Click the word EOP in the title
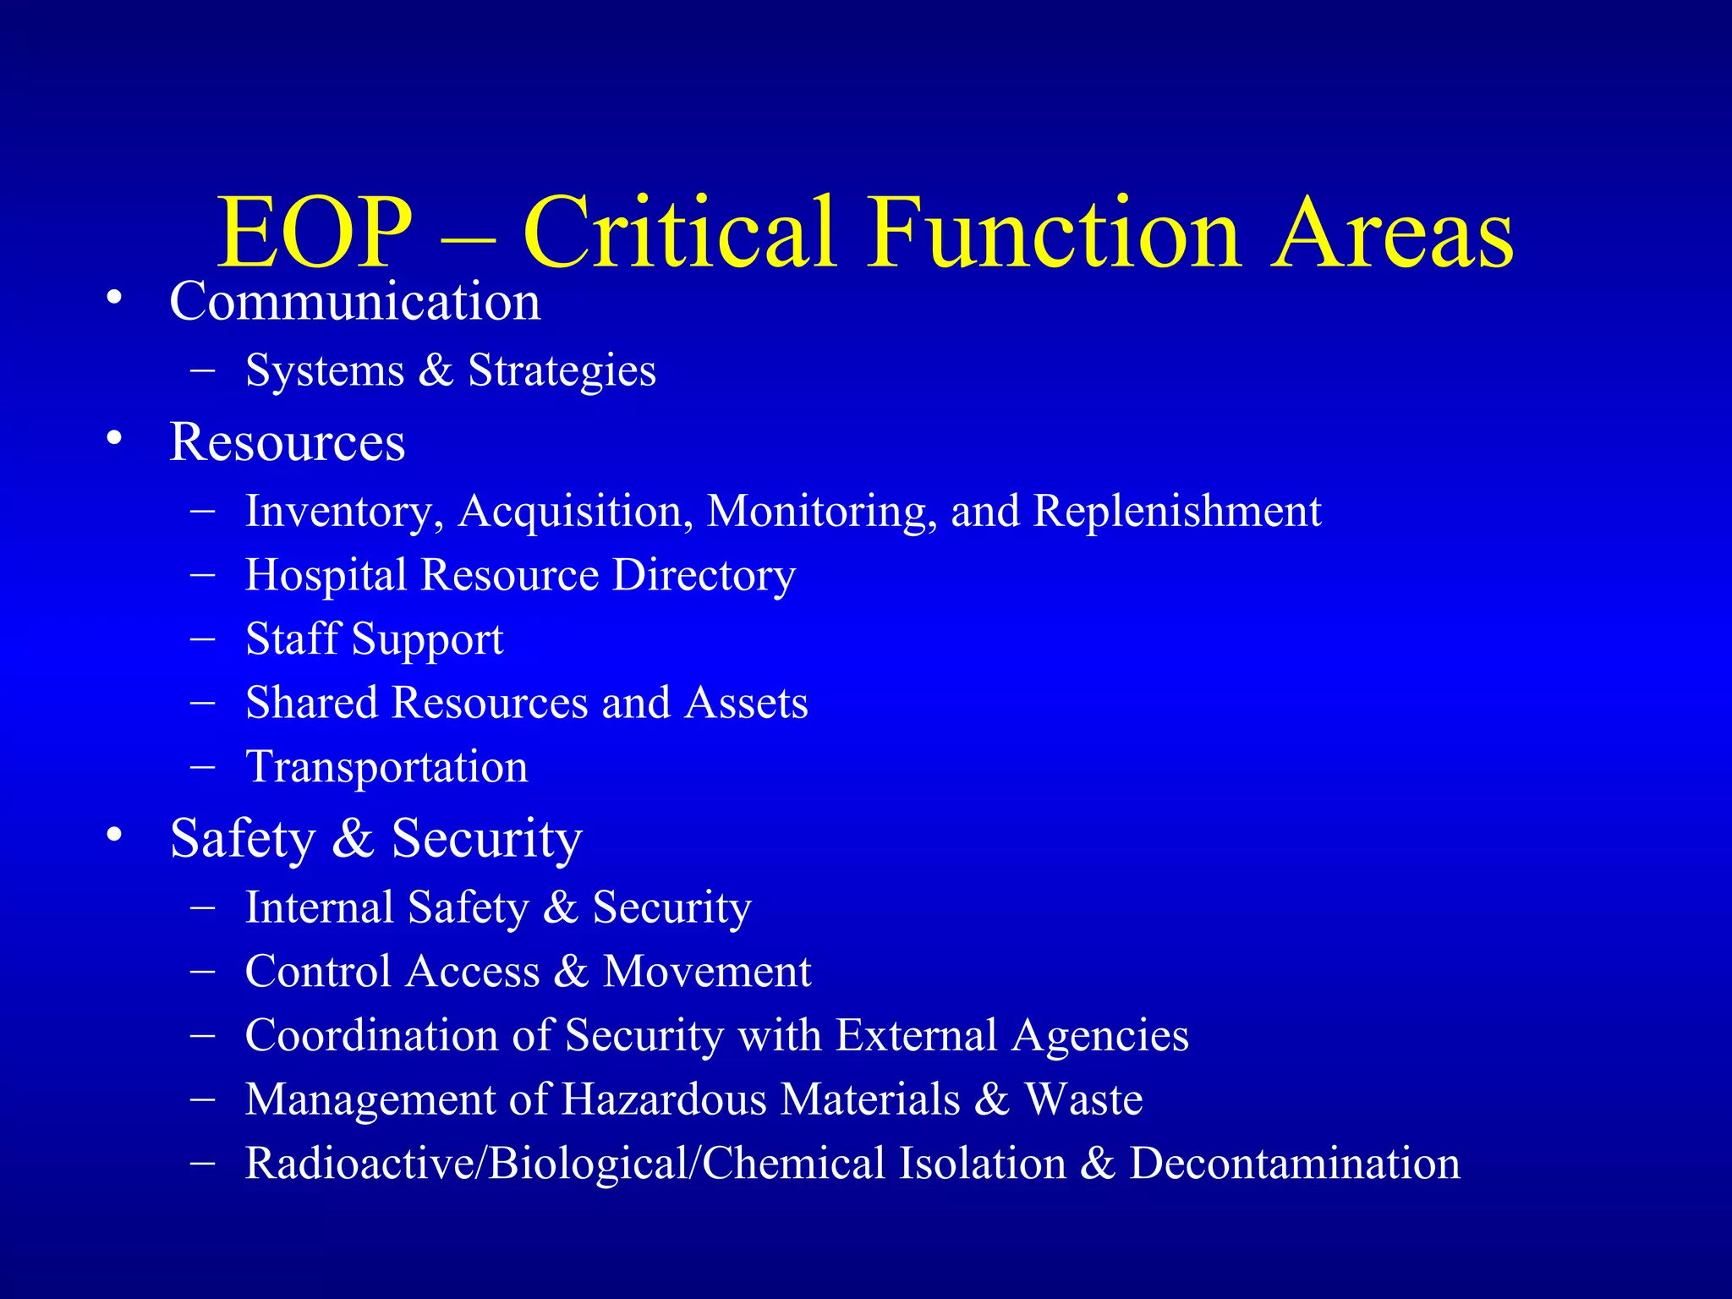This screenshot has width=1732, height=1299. point(315,233)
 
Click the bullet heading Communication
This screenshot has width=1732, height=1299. point(354,301)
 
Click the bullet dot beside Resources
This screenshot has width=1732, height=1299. point(115,439)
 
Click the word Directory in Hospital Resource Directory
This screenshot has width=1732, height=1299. point(704,576)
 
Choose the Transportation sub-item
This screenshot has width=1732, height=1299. point(386,767)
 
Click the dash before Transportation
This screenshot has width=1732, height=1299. point(202,766)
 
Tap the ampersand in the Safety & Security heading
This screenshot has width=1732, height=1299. point(353,838)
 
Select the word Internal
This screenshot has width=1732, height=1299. point(318,907)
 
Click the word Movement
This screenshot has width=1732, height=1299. point(706,972)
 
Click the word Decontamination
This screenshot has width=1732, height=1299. point(1295,1164)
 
